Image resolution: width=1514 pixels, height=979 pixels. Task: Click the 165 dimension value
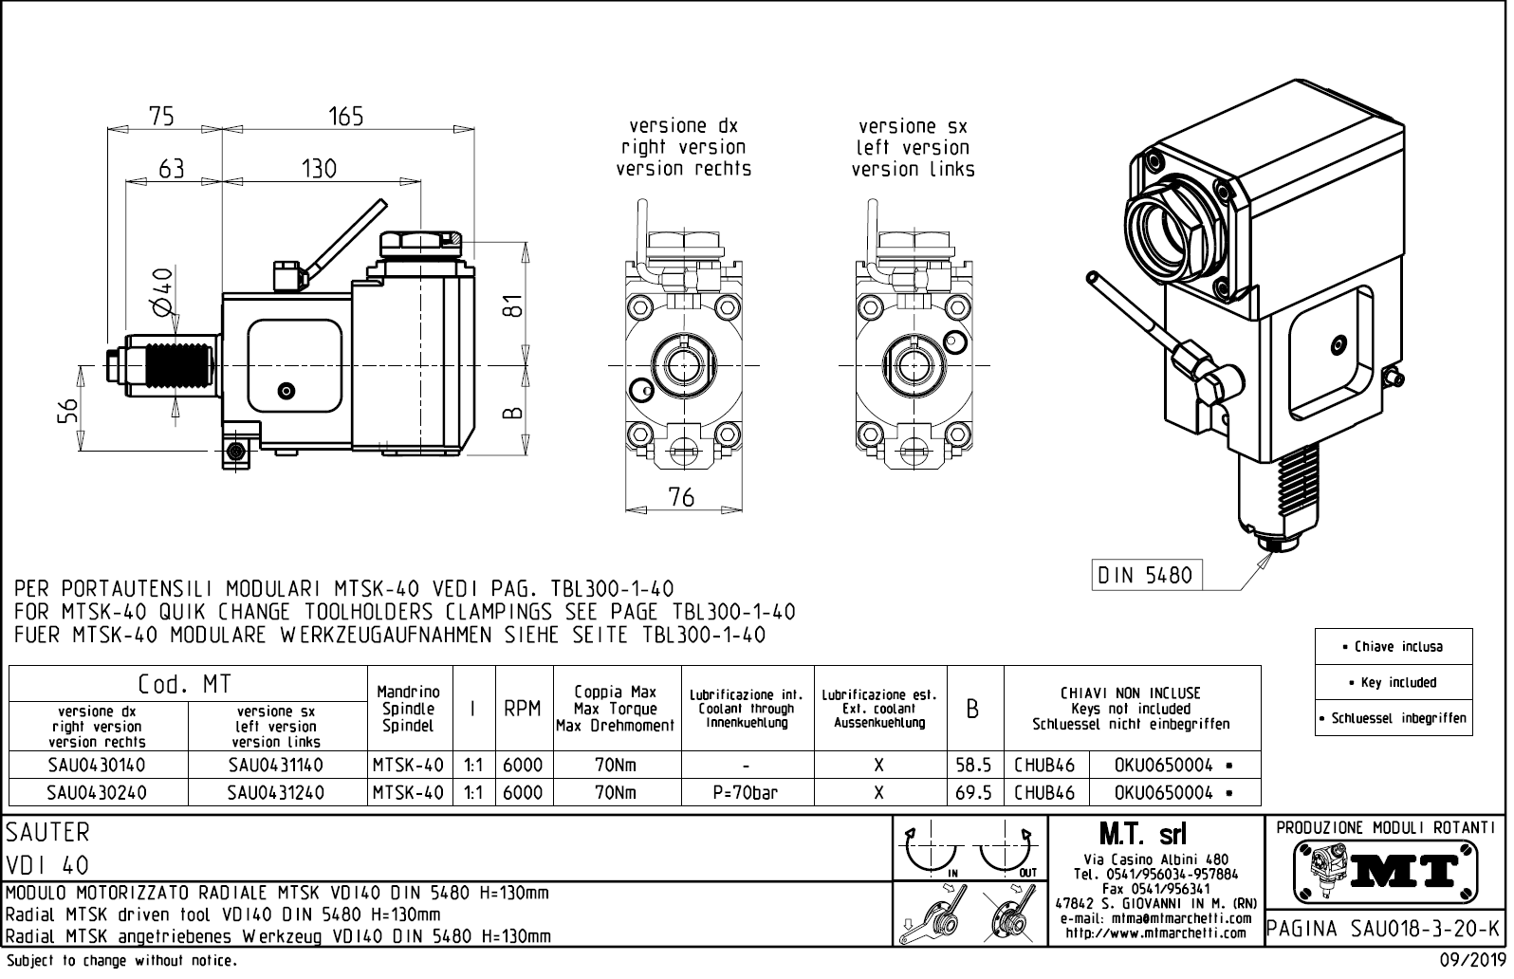[x=346, y=116]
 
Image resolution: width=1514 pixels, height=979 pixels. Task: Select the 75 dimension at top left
[x=162, y=116]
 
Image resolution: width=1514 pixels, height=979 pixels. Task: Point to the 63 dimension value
[x=172, y=169]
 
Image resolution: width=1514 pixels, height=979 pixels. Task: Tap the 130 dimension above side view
[x=319, y=169]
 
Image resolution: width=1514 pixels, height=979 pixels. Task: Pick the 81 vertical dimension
[x=512, y=306]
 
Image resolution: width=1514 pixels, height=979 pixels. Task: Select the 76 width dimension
[x=681, y=496]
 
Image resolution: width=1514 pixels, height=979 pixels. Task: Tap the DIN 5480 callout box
[x=1144, y=575]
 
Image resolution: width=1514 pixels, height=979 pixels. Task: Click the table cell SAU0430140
[x=96, y=765]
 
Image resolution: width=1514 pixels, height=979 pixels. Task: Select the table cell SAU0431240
[x=275, y=792]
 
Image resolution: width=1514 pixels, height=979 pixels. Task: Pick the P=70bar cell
[x=746, y=792]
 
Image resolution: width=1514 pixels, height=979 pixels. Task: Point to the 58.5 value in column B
[x=973, y=765]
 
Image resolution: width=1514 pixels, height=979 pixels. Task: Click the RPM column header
[x=523, y=709]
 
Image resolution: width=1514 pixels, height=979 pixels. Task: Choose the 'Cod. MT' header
[x=185, y=684]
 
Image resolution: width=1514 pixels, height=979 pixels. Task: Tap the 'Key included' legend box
[x=1393, y=682]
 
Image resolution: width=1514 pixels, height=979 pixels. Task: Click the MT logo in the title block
[x=1386, y=869]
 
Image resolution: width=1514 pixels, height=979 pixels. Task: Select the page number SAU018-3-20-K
[x=1384, y=928]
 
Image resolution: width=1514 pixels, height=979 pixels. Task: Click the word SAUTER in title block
[x=47, y=832]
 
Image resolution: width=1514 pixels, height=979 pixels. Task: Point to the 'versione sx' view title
[x=913, y=126]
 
